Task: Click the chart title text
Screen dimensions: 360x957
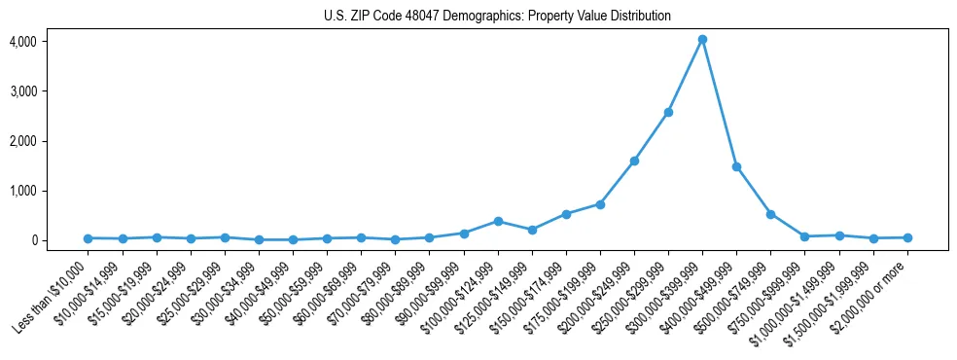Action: coord(497,17)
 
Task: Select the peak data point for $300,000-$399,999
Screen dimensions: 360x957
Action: coord(702,40)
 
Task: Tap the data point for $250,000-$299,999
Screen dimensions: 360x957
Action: coord(668,112)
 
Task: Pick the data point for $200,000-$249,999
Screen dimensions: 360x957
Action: coord(634,161)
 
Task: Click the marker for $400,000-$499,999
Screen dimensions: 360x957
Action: coord(736,166)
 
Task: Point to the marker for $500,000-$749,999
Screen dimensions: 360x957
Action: coord(770,214)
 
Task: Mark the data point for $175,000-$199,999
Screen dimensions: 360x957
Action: coord(600,204)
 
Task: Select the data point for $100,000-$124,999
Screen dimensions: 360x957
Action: coord(498,221)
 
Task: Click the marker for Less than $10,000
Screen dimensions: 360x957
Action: coord(88,238)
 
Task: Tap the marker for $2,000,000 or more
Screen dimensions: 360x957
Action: coord(907,237)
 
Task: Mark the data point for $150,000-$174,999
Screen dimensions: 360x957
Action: coord(566,214)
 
